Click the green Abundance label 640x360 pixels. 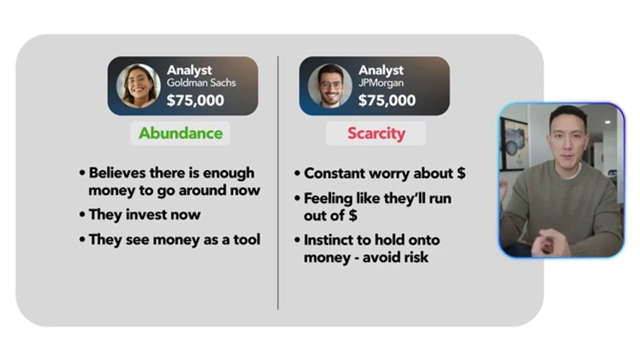tap(180, 133)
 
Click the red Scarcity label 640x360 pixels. tap(376, 133)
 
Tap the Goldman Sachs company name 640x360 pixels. tap(201, 83)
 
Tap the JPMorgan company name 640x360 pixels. tap(381, 83)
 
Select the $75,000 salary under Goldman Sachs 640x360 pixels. tap(195, 100)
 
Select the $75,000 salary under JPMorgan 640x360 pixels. tap(387, 100)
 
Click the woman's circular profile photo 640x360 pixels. tap(138, 86)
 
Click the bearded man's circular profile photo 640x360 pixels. tap(330, 86)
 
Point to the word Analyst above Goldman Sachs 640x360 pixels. tap(189, 70)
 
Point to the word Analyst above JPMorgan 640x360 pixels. tap(381, 70)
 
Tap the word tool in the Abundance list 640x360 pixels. tap(247, 239)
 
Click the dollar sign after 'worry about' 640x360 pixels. tap(461, 173)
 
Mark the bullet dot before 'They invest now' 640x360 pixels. tap(82, 214)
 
